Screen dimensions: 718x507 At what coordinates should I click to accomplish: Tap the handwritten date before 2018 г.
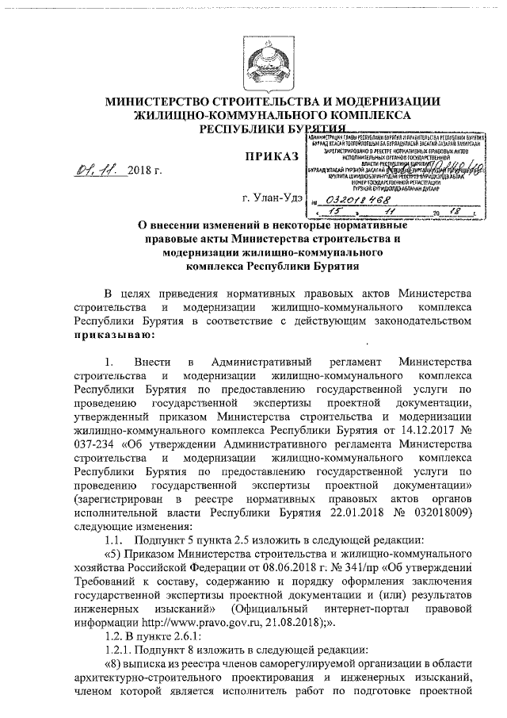[x=97, y=170]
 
